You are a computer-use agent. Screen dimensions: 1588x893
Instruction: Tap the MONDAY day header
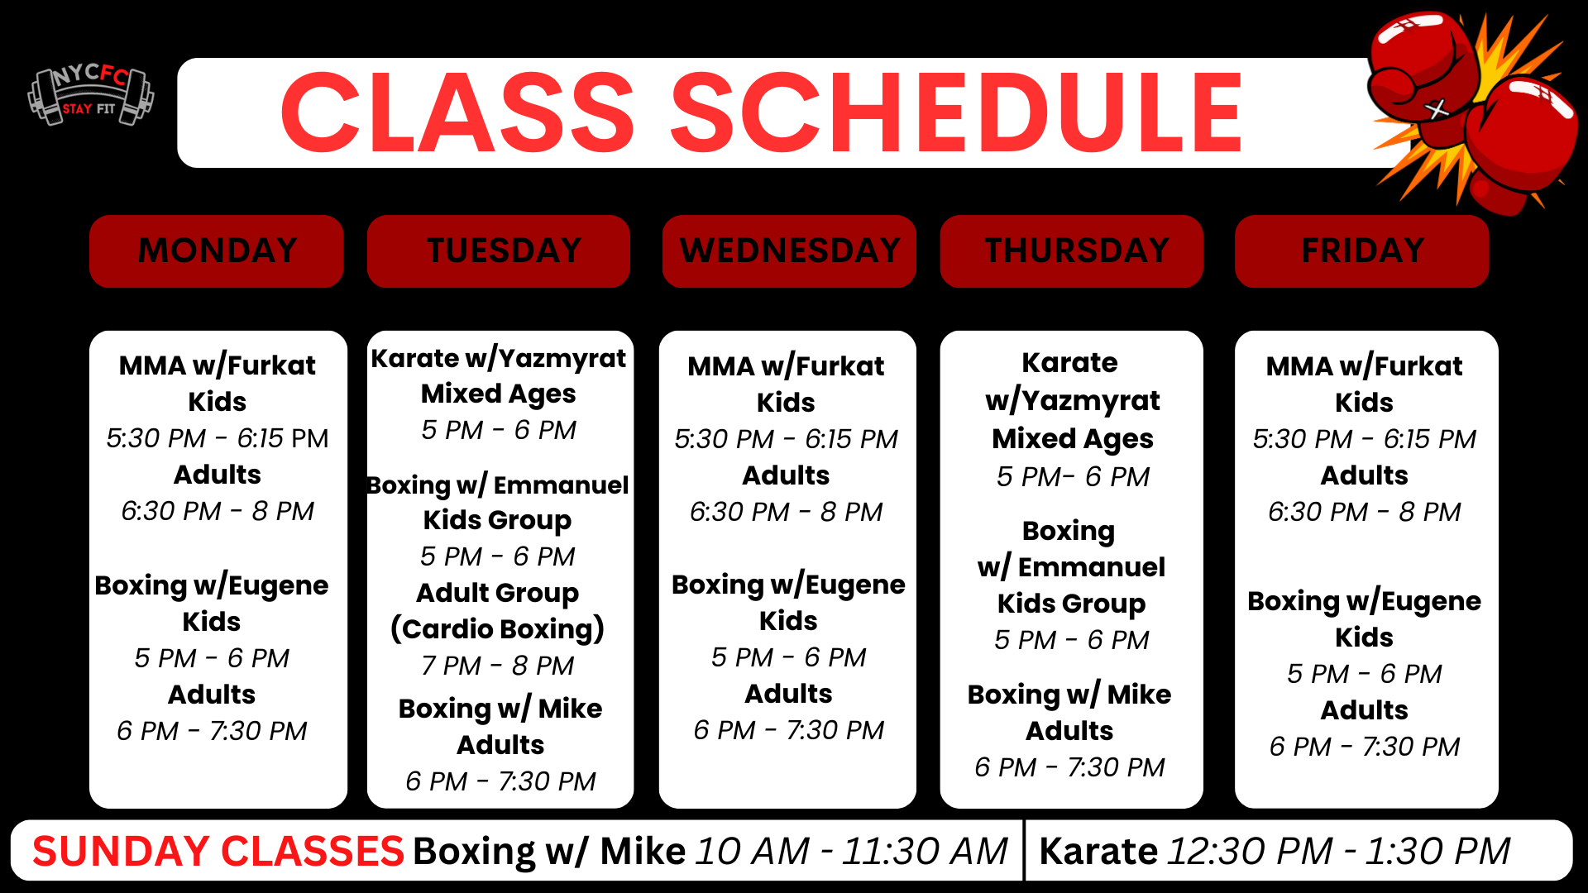click(217, 251)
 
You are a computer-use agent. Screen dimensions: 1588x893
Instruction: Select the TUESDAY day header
click(499, 251)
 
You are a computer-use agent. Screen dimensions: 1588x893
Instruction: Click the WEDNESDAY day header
click(789, 251)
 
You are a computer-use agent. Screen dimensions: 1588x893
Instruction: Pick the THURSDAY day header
click(1072, 251)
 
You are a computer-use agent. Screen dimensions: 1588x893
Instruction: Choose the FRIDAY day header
click(1362, 251)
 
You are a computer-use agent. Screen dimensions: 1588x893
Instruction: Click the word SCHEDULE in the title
click(956, 113)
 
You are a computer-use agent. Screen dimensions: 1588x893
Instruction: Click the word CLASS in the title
click(457, 113)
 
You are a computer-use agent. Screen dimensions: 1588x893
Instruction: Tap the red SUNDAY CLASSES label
click(218, 851)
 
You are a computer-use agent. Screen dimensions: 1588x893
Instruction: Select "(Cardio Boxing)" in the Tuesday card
click(498, 629)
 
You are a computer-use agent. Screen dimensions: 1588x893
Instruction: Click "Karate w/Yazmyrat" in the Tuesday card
click(499, 359)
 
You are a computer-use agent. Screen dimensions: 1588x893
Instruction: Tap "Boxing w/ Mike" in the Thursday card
click(1069, 695)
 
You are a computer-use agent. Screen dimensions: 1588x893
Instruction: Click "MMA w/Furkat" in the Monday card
click(218, 365)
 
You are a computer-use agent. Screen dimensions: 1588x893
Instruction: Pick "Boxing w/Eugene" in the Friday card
click(1365, 601)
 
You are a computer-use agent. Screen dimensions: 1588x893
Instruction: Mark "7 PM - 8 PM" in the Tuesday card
click(498, 666)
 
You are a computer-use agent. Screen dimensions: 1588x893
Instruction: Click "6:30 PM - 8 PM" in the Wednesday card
click(787, 512)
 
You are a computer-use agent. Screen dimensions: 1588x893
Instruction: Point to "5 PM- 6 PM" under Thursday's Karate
click(1074, 477)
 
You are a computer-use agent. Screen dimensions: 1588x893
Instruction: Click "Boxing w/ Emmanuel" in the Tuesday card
click(499, 485)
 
